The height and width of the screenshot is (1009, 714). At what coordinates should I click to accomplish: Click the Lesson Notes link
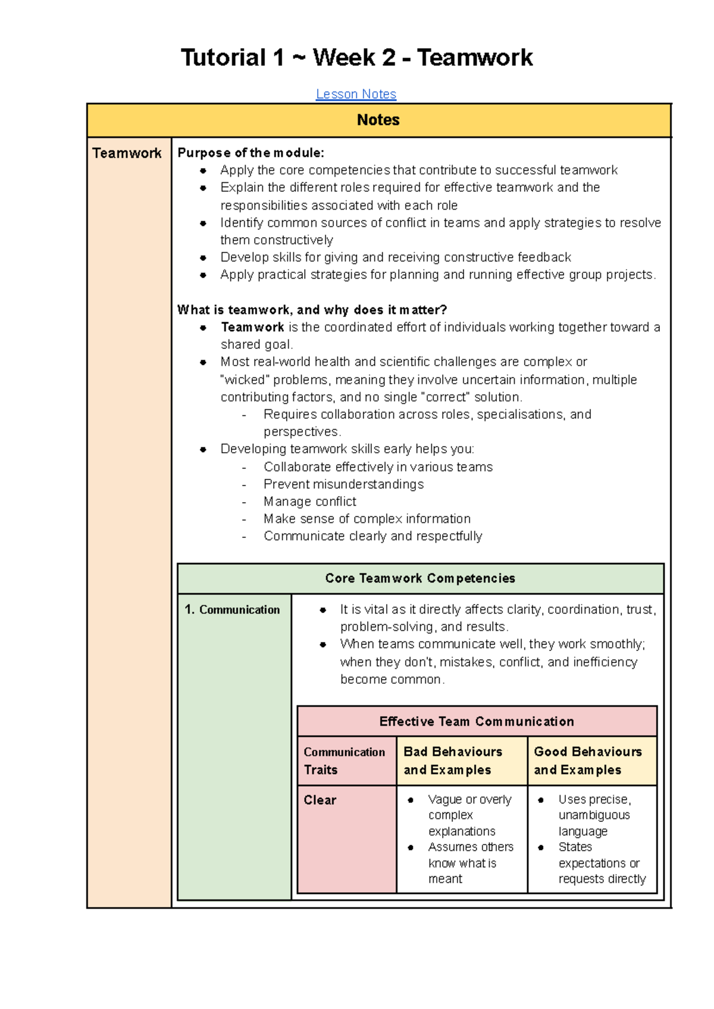(356, 94)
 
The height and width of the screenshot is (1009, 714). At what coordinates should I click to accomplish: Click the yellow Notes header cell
(378, 120)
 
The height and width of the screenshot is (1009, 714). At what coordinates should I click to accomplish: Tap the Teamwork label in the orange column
(127, 153)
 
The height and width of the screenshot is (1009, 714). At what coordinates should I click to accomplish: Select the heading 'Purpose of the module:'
(250, 153)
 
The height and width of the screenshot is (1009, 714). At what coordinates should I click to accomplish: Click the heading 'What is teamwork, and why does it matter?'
(312, 310)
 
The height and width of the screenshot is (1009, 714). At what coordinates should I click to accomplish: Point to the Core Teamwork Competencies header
(420, 578)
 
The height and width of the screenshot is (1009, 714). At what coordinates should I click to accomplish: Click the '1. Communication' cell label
(232, 610)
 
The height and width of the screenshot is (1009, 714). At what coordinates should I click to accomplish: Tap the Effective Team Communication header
(477, 722)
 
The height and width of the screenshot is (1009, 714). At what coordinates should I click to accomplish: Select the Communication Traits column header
(344, 761)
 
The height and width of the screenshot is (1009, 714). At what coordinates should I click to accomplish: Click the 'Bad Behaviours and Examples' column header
(453, 761)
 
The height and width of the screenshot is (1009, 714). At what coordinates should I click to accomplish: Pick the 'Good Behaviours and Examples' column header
(588, 761)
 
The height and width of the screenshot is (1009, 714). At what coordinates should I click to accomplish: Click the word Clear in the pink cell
(320, 800)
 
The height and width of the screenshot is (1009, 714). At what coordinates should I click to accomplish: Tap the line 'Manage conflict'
(310, 502)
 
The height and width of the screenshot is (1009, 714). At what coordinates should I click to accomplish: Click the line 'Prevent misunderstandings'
(343, 484)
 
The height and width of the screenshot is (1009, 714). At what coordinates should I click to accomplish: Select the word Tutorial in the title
(224, 58)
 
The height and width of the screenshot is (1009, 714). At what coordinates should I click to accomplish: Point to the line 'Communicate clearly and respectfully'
(372, 536)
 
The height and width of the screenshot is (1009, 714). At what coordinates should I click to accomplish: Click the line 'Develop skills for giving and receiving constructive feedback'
(395, 257)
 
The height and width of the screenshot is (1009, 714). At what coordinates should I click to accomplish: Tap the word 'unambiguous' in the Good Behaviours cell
(594, 815)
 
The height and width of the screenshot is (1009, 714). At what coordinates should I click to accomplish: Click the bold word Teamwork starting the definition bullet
(252, 327)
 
